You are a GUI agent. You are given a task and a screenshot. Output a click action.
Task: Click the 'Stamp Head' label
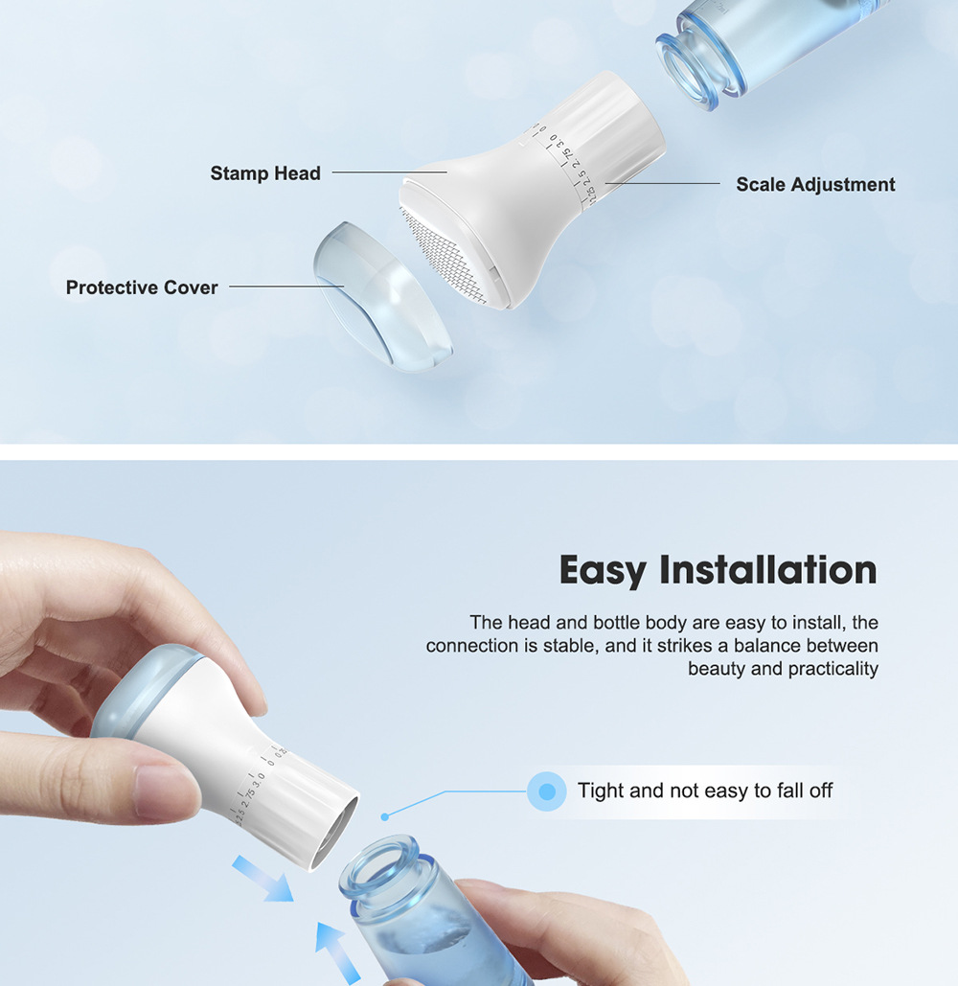coord(265,172)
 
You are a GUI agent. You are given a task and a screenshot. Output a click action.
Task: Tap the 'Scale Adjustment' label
coord(815,184)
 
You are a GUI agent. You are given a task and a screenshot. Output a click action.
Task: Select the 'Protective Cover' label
coord(142,287)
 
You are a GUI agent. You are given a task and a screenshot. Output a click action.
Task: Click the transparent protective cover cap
coord(382,297)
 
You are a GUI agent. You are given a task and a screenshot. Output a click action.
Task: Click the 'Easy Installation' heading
coord(718,570)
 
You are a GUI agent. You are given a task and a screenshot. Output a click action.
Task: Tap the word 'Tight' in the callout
coord(601,791)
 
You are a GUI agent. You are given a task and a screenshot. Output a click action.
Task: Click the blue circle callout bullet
coord(547,791)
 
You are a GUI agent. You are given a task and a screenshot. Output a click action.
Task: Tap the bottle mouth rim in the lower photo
coord(379,864)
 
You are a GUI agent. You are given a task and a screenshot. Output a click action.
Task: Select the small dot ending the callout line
coord(385,816)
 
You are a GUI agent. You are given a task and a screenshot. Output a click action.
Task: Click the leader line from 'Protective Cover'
coord(286,287)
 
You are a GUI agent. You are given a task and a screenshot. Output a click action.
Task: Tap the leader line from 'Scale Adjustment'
coord(663,184)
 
